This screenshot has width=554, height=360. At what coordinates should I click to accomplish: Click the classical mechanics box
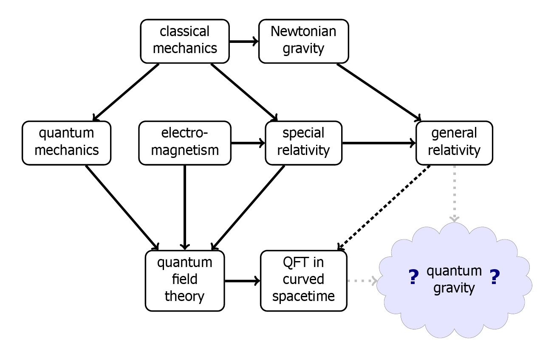(x=185, y=40)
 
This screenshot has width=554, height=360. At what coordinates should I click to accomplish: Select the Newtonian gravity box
(x=303, y=40)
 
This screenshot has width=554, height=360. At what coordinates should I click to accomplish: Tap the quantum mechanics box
(x=67, y=142)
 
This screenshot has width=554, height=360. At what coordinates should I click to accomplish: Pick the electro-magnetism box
(x=185, y=142)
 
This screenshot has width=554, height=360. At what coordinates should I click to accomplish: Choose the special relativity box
(x=303, y=142)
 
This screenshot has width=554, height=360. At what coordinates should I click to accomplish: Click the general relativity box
(x=454, y=142)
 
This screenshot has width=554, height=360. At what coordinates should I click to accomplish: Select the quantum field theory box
(x=185, y=280)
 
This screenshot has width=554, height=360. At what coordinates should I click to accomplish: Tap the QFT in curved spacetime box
(x=303, y=280)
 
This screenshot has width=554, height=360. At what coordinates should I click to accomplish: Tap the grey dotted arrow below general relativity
(x=455, y=193)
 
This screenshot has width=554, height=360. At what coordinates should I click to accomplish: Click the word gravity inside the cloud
(x=454, y=288)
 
